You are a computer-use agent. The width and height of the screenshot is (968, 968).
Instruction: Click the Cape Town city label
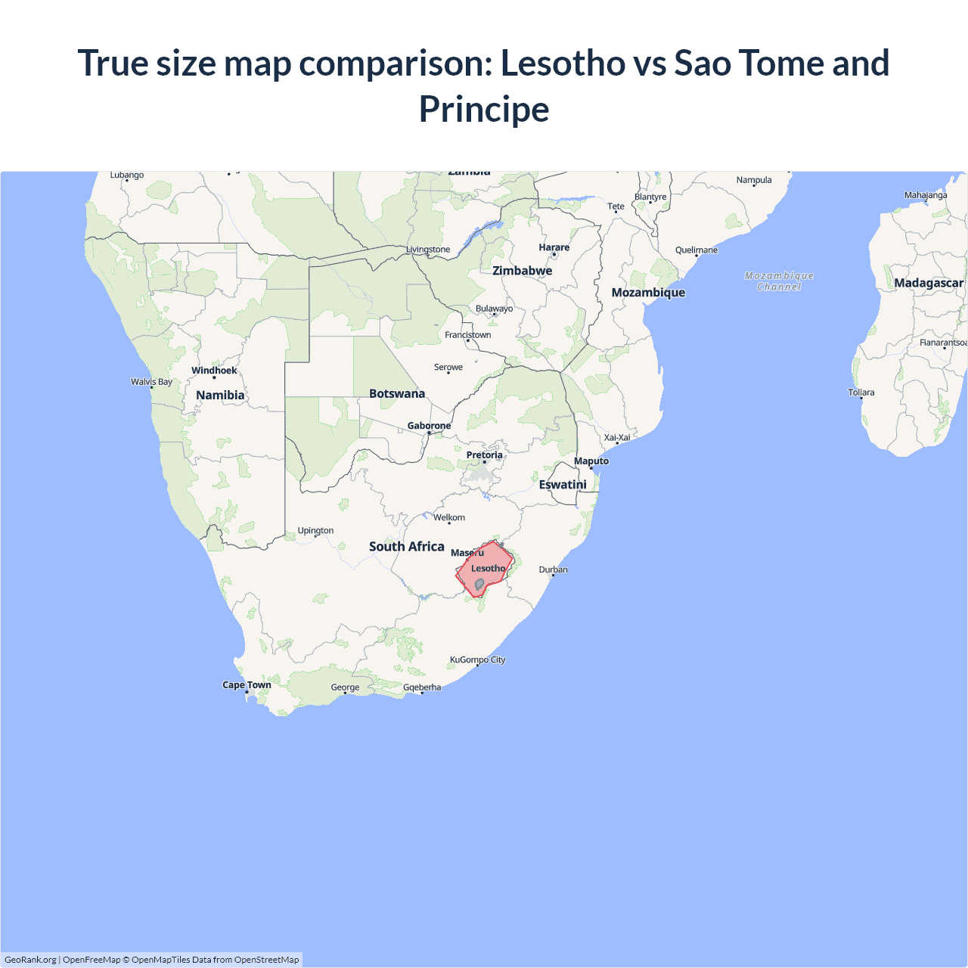coord(247,685)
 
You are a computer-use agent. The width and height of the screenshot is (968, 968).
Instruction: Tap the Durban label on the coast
coord(553,569)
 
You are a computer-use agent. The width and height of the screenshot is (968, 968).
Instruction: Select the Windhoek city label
coord(214,371)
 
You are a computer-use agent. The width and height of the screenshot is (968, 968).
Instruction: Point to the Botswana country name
coord(397,393)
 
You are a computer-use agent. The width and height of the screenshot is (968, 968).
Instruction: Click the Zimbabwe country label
coord(522,271)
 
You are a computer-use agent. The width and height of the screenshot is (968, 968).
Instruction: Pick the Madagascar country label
coord(929,283)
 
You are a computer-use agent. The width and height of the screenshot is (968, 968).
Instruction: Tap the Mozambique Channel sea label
coord(779,281)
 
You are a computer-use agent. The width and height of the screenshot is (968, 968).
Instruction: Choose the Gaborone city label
coord(429,426)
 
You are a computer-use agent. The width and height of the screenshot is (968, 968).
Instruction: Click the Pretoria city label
coord(484,455)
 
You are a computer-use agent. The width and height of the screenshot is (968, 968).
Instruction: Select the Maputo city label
coord(591,461)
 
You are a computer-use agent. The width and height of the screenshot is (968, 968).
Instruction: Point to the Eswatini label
coord(563,484)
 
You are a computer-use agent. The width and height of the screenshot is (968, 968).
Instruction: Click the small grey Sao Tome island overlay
coord(479,584)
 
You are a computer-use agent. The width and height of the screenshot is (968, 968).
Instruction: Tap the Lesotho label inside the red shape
coord(488,568)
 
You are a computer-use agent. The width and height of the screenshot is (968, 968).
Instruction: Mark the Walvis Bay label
coord(151,382)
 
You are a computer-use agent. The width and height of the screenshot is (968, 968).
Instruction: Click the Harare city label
coord(554,247)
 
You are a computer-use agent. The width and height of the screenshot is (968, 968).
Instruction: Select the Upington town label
coord(315,530)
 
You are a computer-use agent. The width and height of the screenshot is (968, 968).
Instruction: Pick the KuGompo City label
coord(477,659)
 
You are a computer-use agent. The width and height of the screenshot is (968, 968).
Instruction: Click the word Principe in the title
coord(484,109)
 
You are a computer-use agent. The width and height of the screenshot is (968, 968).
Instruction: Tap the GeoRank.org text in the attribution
coord(30,960)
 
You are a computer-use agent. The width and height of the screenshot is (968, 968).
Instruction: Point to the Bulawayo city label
coord(494,309)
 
